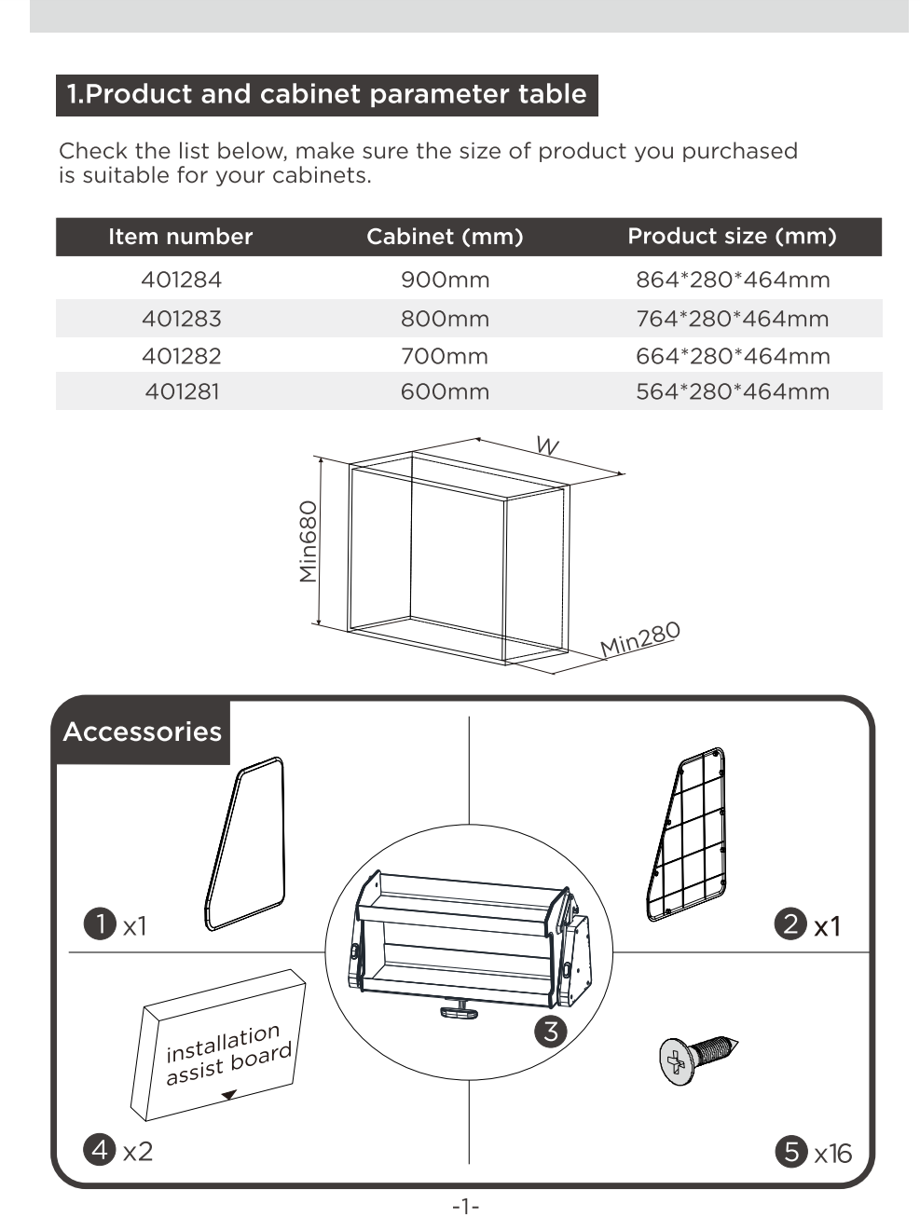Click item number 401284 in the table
(182, 280)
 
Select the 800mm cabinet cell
(445, 319)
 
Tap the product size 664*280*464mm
(733, 356)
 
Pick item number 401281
(182, 391)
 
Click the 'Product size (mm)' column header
(732, 237)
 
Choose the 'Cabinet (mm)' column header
(445, 237)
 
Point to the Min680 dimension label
(309, 541)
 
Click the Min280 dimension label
(639, 639)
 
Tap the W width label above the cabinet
(547, 446)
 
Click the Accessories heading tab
(143, 732)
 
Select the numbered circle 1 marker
(99, 924)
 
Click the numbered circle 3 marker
(551, 1031)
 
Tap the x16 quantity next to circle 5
(832, 1154)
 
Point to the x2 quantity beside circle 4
(137, 1152)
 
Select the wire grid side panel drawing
(688, 834)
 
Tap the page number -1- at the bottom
(465, 1207)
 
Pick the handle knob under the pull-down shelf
(460, 1007)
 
